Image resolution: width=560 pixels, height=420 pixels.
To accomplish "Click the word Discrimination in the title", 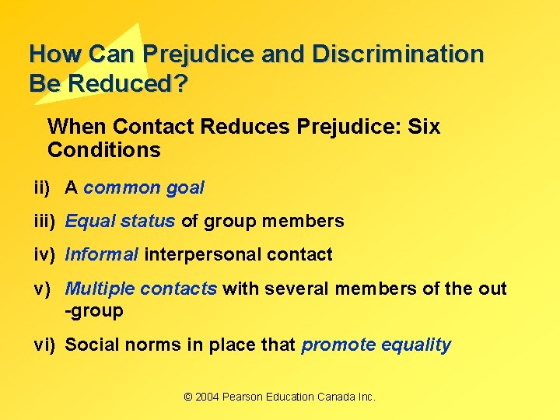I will pyautogui.click(x=397, y=54).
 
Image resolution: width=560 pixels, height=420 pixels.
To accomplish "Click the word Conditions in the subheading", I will pyautogui.click(x=104, y=149).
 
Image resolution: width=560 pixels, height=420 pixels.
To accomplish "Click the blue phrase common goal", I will pyautogui.click(x=144, y=187).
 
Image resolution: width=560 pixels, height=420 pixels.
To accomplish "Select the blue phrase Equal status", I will pyautogui.click(x=120, y=221).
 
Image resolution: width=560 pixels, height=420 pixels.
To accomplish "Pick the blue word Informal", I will pyautogui.click(x=102, y=254).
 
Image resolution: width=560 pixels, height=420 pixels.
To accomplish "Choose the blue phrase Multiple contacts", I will pyautogui.click(x=141, y=289).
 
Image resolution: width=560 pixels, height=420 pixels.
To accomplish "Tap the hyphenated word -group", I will pyautogui.click(x=94, y=311).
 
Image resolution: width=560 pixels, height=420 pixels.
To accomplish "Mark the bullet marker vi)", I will pyautogui.click(x=44, y=345).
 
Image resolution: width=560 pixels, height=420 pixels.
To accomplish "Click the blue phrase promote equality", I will pyautogui.click(x=376, y=345).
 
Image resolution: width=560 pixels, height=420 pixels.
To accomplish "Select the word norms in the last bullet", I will pyautogui.click(x=156, y=345).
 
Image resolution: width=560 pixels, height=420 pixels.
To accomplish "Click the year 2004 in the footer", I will pyautogui.click(x=208, y=397).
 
